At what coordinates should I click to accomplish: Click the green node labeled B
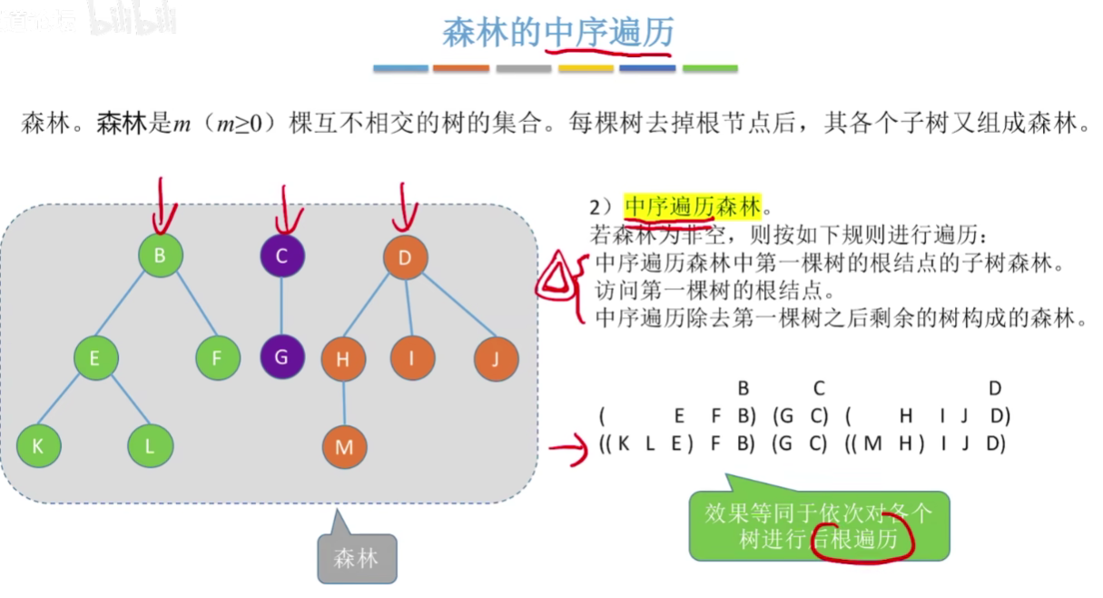[x=161, y=255]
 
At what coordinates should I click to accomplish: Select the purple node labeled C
[x=281, y=255]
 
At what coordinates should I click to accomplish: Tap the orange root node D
[x=405, y=257]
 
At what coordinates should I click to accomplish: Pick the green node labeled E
[x=95, y=358]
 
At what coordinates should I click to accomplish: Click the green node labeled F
[x=218, y=358]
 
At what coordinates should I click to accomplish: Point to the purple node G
[x=281, y=356]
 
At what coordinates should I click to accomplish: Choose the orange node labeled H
[x=343, y=359]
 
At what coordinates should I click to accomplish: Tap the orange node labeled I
[x=412, y=358]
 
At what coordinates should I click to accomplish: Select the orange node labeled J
[x=496, y=358]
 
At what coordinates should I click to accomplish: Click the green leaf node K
[x=38, y=445]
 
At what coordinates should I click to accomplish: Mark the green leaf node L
[x=151, y=445]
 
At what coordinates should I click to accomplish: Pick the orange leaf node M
[x=344, y=446]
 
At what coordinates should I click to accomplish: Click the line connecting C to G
[x=281, y=306]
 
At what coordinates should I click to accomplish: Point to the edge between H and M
[x=343, y=403]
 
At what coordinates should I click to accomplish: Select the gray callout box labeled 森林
[x=357, y=556]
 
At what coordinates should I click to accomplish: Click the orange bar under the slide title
[x=461, y=68]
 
